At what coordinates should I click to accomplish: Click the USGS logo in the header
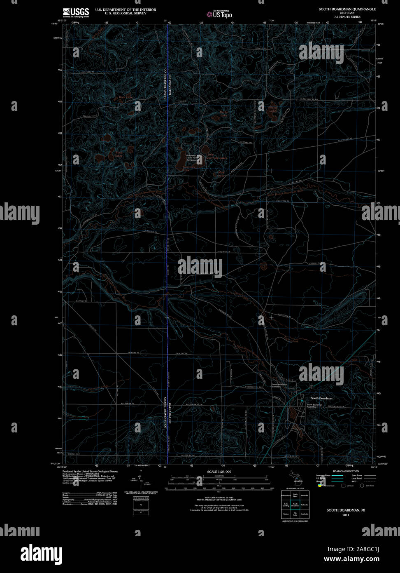(x=76, y=12)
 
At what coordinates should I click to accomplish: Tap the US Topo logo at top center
(x=219, y=14)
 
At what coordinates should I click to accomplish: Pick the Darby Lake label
(x=223, y=113)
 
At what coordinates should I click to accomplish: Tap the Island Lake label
(x=273, y=109)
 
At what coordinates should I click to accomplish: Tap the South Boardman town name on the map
(x=321, y=398)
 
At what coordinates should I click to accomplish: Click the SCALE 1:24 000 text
(x=219, y=471)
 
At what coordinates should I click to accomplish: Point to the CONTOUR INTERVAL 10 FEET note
(x=219, y=498)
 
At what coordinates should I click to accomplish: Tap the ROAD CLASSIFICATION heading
(x=346, y=471)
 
